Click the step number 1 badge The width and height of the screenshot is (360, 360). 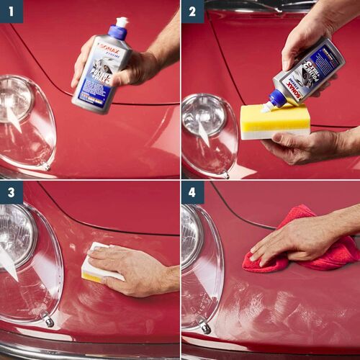tap(12, 12)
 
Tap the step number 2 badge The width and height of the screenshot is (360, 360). tap(192, 12)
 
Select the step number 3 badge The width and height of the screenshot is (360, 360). tap(12, 192)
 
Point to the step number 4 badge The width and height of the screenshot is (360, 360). tap(192, 192)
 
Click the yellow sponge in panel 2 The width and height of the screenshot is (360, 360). tap(274, 119)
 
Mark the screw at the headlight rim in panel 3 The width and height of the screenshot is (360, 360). tap(48, 320)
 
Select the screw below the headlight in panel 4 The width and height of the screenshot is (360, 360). tap(206, 327)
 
